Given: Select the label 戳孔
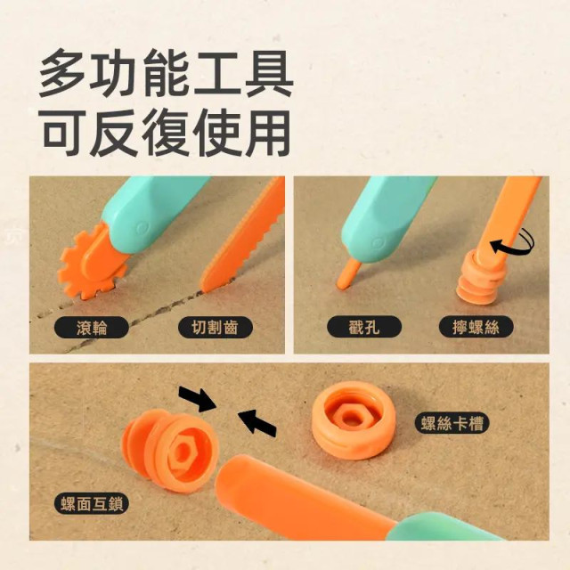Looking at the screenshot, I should pyautogui.click(x=363, y=327).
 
